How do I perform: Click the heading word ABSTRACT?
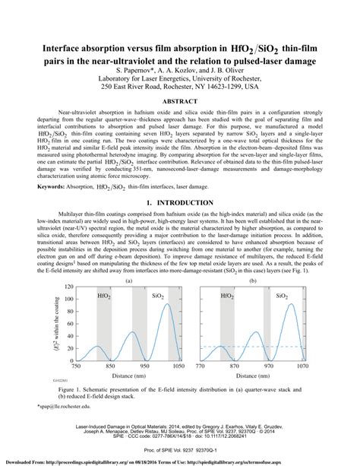(181, 100)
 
